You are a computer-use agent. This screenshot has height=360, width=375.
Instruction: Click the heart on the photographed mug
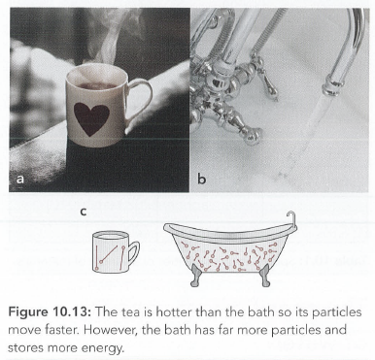(91, 118)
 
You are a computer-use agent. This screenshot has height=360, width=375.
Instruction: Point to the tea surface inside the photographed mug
(96, 86)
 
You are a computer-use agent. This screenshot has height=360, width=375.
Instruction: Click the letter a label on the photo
(20, 179)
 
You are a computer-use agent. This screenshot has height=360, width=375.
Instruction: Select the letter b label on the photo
(201, 178)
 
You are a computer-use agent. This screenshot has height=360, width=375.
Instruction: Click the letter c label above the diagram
(84, 212)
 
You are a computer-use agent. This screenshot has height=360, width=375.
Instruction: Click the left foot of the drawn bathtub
(195, 275)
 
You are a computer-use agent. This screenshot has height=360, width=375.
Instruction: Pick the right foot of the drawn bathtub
(266, 275)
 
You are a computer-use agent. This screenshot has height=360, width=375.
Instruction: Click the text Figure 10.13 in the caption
(51, 313)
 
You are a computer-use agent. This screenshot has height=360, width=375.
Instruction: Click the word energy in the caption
(104, 348)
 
